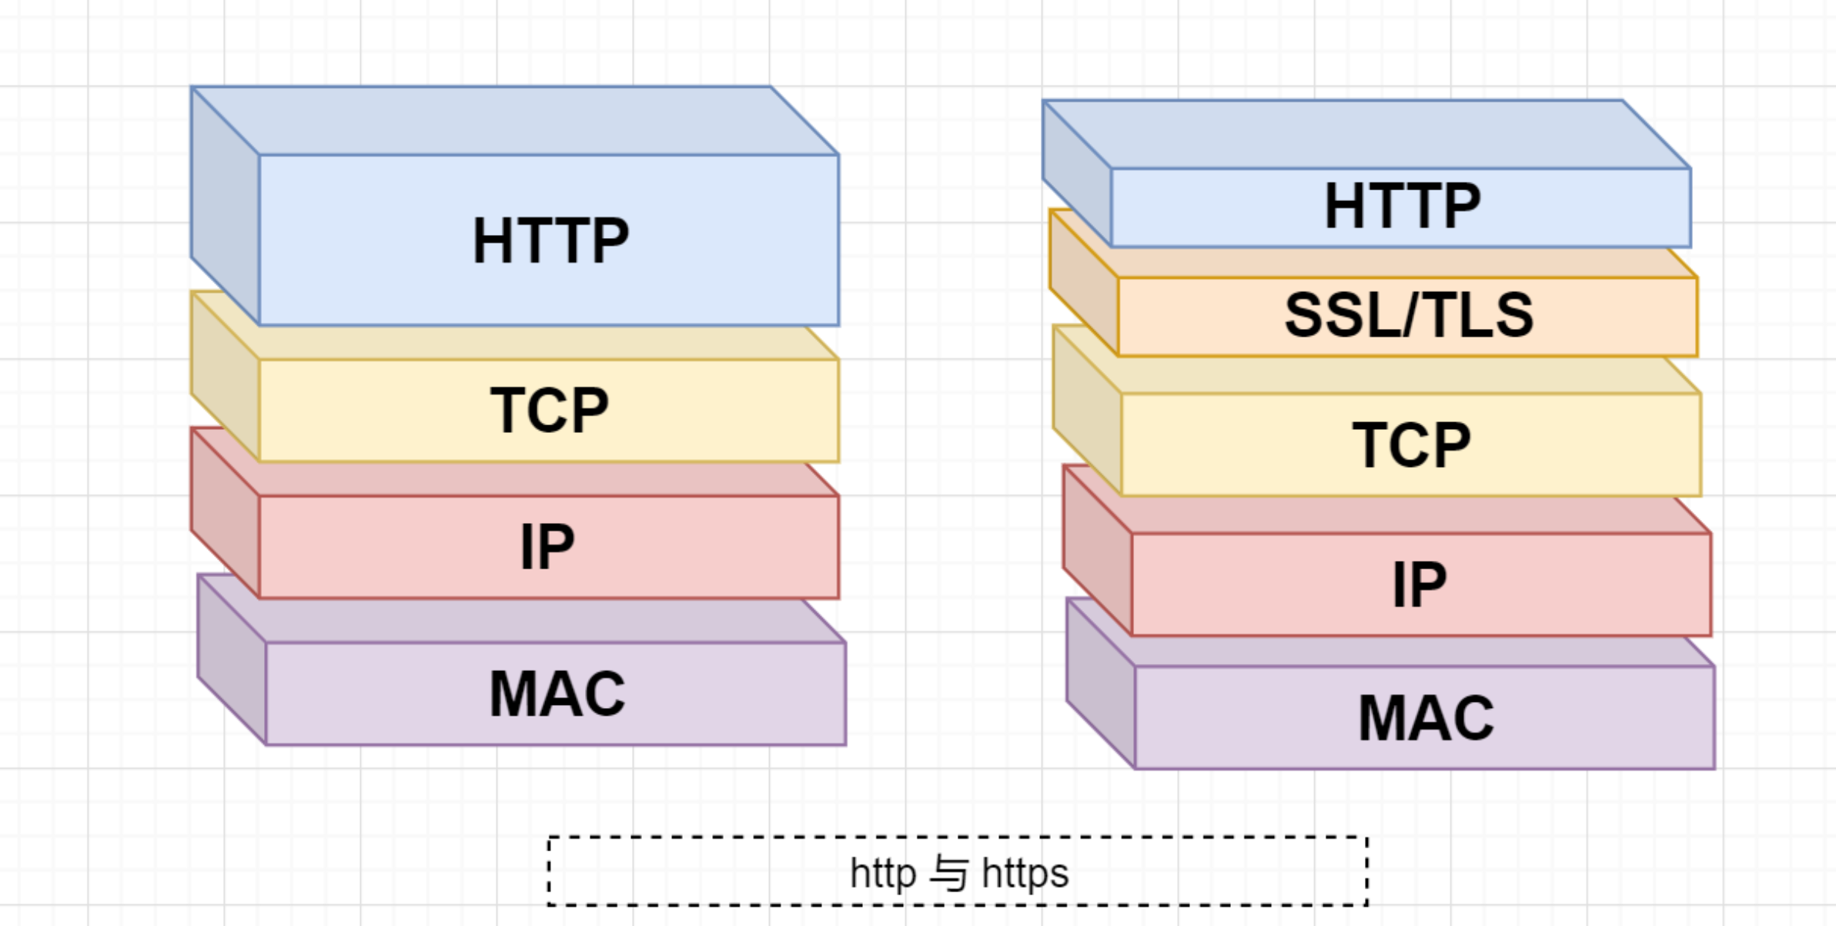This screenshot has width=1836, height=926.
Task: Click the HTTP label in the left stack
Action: tap(550, 240)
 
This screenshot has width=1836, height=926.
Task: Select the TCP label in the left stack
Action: tap(549, 410)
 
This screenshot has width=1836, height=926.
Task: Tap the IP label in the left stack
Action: tap(547, 547)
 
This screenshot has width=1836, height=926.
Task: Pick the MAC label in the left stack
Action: tap(557, 694)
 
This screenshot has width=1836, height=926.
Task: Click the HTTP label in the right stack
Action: tap(1402, 206)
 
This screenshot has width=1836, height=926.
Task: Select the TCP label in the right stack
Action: tap(1411, 445)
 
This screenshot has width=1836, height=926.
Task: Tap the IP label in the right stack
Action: tap(1419, 585)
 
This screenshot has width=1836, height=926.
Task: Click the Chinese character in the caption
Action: tap(948, 874)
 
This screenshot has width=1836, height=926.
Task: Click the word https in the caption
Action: tap(1025, 874)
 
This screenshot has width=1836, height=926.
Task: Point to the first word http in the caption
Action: tap(882, 874)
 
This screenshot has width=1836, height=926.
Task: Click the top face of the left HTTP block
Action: tap(514, 121)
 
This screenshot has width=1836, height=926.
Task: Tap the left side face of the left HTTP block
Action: tap(225, 206)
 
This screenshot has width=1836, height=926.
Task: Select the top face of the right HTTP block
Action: tap(1366, 135)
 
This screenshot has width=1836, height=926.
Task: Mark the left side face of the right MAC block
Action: tap(1101, 684)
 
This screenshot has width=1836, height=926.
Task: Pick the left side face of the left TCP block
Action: tap(225, 377)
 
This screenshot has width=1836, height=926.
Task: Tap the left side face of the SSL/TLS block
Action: tap(1084, 284)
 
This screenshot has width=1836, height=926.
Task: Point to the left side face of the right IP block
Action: tap(1097, 551)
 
